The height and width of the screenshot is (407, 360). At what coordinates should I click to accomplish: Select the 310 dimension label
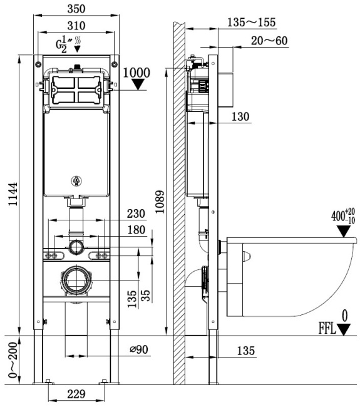pos(76,26)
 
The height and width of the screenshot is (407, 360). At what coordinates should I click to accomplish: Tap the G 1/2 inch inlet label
pos(64,44)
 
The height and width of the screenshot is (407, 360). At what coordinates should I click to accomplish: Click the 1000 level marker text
pos(137,71)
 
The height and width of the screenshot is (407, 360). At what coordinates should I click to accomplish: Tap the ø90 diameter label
pos(138,349)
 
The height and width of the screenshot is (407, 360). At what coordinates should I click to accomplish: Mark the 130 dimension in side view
pos(239,116)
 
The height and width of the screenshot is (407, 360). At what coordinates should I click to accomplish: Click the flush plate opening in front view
pos(75,91)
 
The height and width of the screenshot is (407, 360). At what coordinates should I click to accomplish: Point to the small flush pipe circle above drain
pos(76,246)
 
